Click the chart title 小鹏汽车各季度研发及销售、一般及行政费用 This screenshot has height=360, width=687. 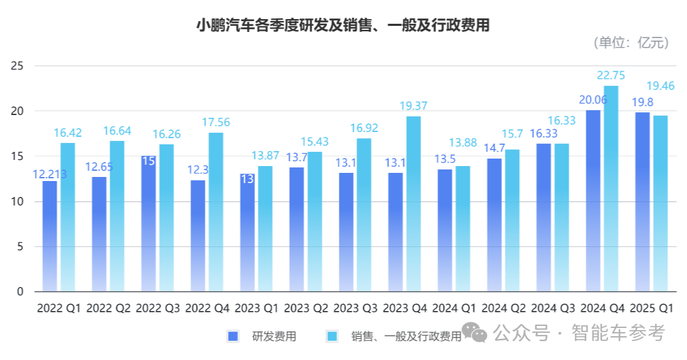click(x=343, y=25)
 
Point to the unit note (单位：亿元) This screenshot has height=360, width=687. click(x=631, y=43)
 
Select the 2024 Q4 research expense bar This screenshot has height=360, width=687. click(x=593, y=201)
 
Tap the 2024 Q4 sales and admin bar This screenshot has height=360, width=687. click(x=611, y=189)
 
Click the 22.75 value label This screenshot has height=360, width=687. click(x=611, y=76)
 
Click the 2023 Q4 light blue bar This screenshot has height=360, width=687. click(x=413, y=204)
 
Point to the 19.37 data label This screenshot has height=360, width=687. click(x=413, y=106)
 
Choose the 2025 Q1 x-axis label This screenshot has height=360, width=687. click(x=652, y=308)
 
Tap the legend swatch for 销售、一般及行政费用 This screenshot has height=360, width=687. click(x=333, y=336)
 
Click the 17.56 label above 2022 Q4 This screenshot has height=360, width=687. click(x=216, y=122)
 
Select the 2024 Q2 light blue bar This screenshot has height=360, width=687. click(x=512, y=220)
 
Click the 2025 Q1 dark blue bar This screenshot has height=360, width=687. click(x=642, y=202)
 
